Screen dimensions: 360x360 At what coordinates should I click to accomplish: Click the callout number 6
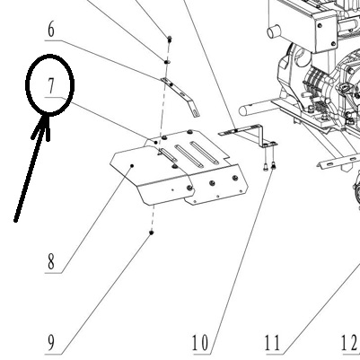pyautogui.click(x=51, y=30)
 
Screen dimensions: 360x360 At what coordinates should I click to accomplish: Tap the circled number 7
pyautogui.click(x=51, y=85)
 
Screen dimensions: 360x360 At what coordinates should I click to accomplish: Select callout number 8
pyautogui.click(x=51, y=261)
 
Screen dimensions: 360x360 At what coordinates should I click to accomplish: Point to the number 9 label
pyautogui.click(x=51, y=343)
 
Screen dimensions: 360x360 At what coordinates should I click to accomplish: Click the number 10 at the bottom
pyautogui.click(x=200, y=343)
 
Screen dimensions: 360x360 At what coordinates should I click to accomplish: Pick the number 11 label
pyautogui.click(x=273, y=343)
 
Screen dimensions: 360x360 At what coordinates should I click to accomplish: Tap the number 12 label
pyautogui.click(x=349, y=343)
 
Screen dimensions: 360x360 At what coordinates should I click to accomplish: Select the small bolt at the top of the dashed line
pyautogui.click(x=170, y=39)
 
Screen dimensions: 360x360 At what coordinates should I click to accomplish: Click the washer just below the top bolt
pyautogui.click(x=167, y=61)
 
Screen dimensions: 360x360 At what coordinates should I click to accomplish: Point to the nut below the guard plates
pyautogui.click(x=152, y=233)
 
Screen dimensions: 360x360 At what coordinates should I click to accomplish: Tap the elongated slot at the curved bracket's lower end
pyautogui.click(x=196, y=112)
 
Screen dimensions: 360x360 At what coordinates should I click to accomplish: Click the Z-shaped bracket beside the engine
pyautogui.click(x=248, y=135)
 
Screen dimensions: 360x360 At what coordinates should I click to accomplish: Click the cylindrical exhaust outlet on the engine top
pyautogui.click(x=274, y=31)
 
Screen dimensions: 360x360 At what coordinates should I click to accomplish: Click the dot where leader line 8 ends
pyautogui.click(x=132, y=165)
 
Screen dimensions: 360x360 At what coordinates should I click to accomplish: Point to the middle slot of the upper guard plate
pyautogui.click(x=189, y=156)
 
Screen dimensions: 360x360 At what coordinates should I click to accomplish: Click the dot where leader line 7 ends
pyautogui.click(x=156, y=143)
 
